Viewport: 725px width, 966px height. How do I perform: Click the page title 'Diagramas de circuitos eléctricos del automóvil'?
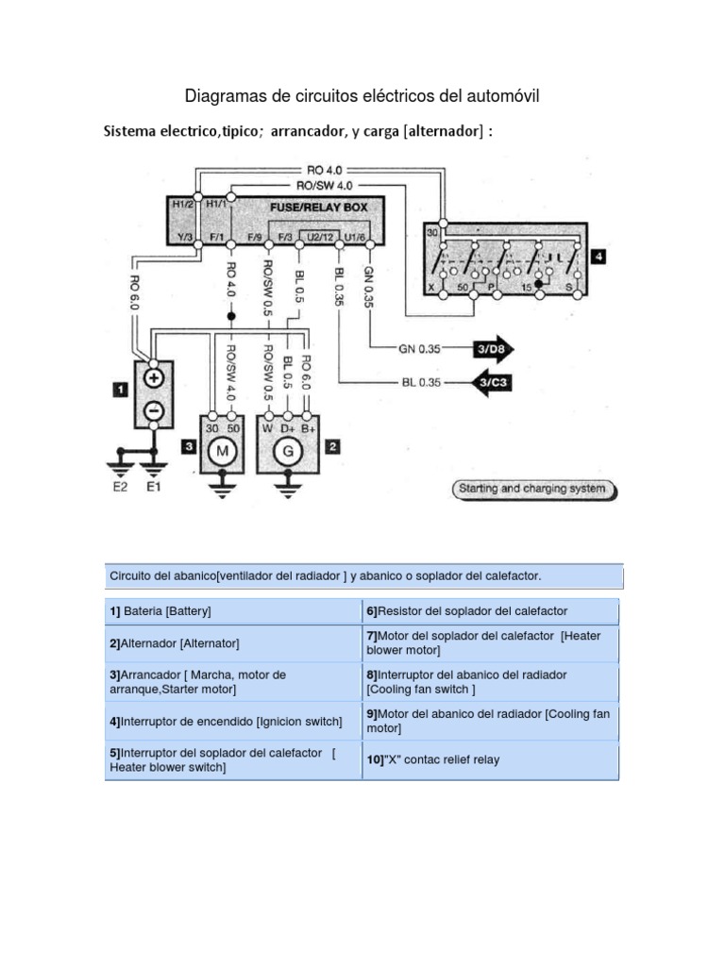click(362, 96)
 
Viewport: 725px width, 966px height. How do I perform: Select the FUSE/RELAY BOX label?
click(314, 206)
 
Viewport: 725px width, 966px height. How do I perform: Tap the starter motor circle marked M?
click(223, 451)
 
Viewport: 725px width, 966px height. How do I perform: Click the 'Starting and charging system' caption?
click(533, 490)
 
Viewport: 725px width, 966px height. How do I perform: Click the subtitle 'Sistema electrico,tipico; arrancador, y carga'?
click(298, 132)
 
